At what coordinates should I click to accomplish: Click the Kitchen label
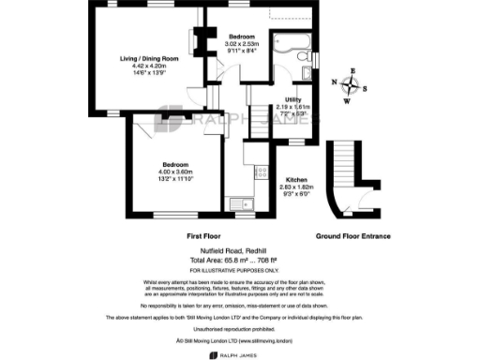tap(298, 179)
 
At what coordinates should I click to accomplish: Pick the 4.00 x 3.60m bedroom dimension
tap(174, 172)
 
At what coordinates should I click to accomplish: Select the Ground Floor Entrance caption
tap(352, 236)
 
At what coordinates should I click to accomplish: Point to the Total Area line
tap(240, 262)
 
